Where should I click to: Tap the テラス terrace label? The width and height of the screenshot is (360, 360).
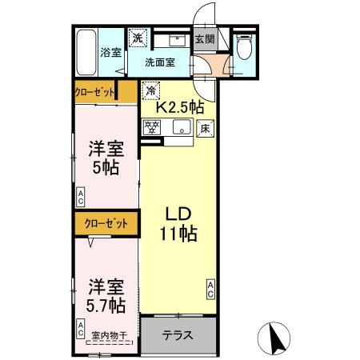177,335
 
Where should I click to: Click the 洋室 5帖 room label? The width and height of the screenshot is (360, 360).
105,158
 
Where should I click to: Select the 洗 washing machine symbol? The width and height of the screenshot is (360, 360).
138,38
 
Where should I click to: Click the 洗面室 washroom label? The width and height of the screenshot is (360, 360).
160,62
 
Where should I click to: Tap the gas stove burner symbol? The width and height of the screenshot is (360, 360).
151,125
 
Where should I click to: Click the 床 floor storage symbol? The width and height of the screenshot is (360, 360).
204,126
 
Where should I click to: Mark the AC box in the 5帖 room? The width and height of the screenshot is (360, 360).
81,194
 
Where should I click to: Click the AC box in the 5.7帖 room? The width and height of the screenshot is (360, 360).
81,326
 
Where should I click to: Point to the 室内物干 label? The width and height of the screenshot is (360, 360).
106,336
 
